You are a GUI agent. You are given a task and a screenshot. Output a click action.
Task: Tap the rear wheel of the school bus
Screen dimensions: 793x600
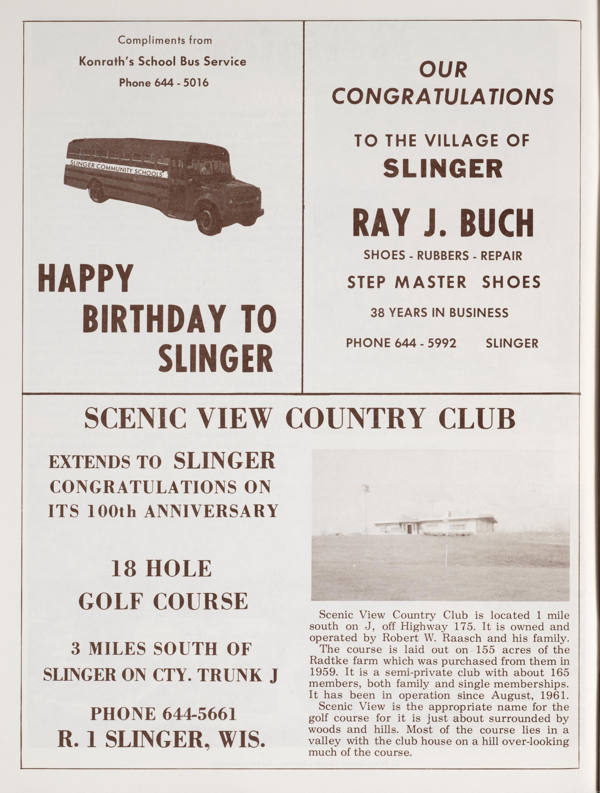[x=96, y=191]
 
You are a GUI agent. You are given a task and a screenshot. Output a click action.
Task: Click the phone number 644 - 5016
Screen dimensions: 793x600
[x=181, y=83]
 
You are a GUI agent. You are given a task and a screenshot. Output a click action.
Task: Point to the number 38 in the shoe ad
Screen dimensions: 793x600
[x=377, y=313]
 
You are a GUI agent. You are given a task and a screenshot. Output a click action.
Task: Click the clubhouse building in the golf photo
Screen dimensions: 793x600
[x=436, y=526]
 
